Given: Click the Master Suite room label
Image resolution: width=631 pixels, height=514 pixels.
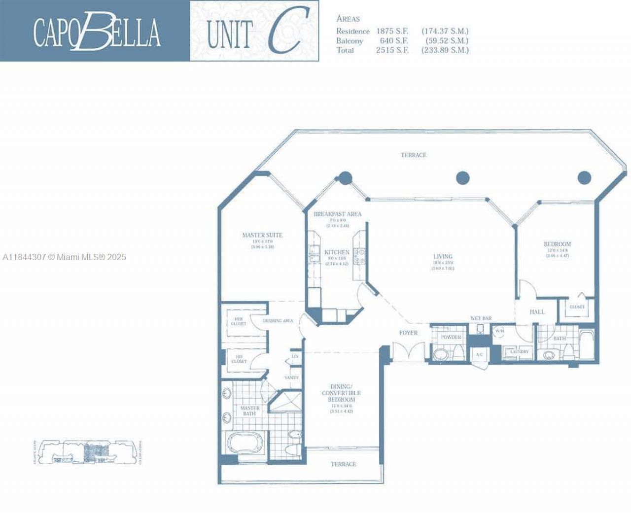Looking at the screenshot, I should click(x=262, y=235).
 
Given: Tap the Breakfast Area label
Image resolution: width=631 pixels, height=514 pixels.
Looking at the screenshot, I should click(x=337, y=214).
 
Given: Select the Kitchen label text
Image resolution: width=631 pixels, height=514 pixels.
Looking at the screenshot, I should click(x=337, y=252).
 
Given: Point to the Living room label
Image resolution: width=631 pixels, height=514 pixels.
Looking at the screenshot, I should click(x=442, y=256).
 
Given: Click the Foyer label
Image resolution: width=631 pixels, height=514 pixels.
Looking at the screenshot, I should click(x=408, y=333).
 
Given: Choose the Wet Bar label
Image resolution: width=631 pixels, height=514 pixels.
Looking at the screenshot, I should click(x=481, y=318).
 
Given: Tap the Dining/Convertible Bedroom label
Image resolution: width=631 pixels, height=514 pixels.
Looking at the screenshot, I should click(x=341, y=393).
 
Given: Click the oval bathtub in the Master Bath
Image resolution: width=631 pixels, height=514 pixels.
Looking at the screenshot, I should click(x=246, y=442).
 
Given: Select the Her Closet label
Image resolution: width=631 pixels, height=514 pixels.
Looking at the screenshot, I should click(x=239, y=321).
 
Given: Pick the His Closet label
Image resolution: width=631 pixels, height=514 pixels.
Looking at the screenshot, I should click(x=239, y=359).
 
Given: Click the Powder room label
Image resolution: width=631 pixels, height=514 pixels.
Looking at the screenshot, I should click(x=451, y=337).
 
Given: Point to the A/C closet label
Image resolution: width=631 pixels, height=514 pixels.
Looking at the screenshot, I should click(x=479, y=354).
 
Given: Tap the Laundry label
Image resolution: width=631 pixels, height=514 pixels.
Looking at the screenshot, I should click(x=519, y=351).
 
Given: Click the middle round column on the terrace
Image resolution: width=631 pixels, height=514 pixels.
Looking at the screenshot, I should click(x=462, y=177).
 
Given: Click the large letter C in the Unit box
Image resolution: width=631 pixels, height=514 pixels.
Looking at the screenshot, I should click(x=285, y=31).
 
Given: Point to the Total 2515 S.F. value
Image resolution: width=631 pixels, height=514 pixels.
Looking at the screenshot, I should click(x=392, y=50).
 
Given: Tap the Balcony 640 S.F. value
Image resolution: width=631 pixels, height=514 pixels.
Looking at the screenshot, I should click(x=393, y=41).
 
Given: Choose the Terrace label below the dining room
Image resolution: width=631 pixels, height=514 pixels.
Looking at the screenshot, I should click(x=343, y=464).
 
